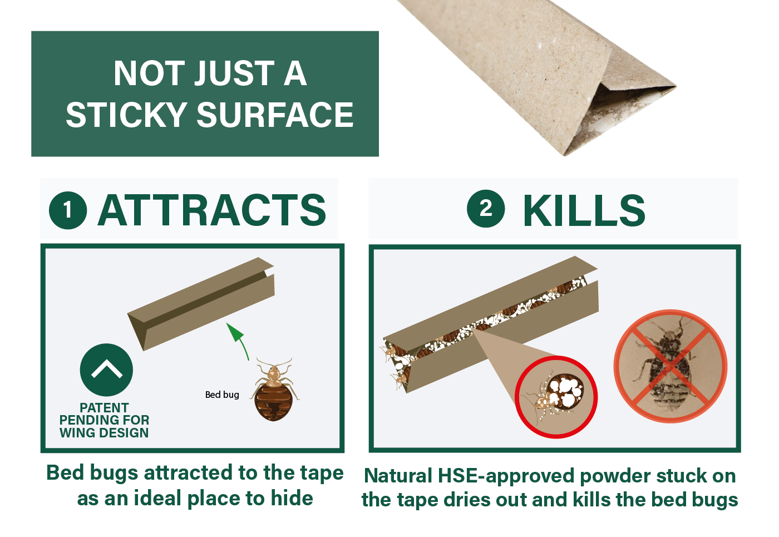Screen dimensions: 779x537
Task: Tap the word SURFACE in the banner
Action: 275,115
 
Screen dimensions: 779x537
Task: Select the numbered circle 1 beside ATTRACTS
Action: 68,210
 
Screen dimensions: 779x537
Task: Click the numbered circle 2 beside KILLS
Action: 486,209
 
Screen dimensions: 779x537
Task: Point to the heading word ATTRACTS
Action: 212,210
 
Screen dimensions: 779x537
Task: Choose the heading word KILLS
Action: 584,210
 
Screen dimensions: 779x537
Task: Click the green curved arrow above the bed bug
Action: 239,340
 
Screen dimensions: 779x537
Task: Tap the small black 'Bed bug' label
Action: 222,395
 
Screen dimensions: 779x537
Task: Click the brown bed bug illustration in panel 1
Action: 274,390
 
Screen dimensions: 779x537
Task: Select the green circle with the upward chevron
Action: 106,370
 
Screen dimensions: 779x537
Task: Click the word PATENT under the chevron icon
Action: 105,407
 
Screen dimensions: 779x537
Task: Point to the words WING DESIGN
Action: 105,433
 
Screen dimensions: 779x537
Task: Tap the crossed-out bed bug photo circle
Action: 670,366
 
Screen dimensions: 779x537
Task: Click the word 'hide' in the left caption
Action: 292,498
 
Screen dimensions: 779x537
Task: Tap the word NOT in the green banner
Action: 149,73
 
